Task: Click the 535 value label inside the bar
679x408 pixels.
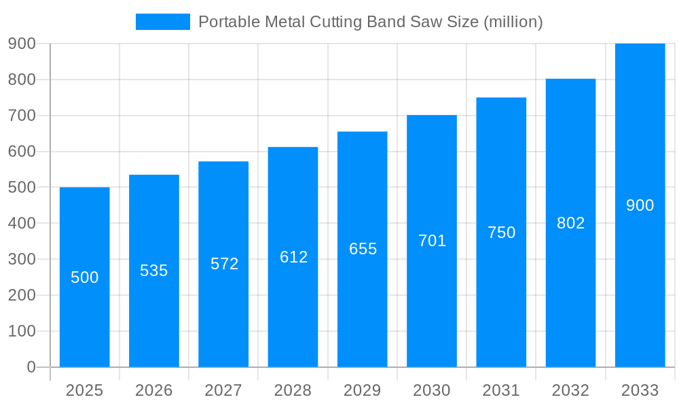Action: point(154,271)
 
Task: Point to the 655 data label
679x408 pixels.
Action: point(363,249)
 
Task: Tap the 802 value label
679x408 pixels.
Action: point(570,223)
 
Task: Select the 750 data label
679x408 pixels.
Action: point(501,233)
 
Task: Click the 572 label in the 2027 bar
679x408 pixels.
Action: point(224,264)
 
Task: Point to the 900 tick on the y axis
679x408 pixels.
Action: point(22,44)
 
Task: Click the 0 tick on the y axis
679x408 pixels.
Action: point(31,367)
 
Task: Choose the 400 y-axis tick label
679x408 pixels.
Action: point(22,223)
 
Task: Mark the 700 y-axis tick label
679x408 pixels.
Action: point(22,116)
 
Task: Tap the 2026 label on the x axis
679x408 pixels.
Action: point(154,390)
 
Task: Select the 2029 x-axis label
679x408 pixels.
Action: point(363,390)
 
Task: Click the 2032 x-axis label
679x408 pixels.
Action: point(570,390)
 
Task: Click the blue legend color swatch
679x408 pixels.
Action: point(163,22)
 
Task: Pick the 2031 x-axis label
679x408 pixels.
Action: point(501,390)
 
